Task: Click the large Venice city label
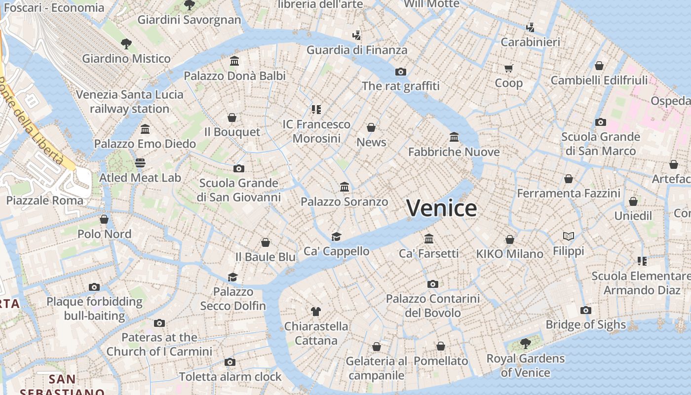(442, 208)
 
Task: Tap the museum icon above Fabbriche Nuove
(454, 137)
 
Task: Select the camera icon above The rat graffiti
(401, 72)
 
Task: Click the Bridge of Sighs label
(585, 324)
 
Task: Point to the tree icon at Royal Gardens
(526, 343)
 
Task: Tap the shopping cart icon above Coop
(508, 68)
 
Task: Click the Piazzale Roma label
(45, 200)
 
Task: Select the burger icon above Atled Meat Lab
(140, 162)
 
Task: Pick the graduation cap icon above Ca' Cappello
(336, 237)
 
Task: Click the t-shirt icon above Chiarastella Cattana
(316, 311)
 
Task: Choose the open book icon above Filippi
(569, 236)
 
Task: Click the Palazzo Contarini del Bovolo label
(433, 306)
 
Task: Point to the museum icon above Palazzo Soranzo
(345, 187)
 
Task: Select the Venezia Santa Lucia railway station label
(130, 101)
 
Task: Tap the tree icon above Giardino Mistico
(126, 43)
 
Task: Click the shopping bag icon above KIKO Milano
(510, 239)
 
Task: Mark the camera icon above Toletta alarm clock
(230, 362)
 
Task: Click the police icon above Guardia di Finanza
(357, 35)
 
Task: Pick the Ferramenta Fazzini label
(569, 193)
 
